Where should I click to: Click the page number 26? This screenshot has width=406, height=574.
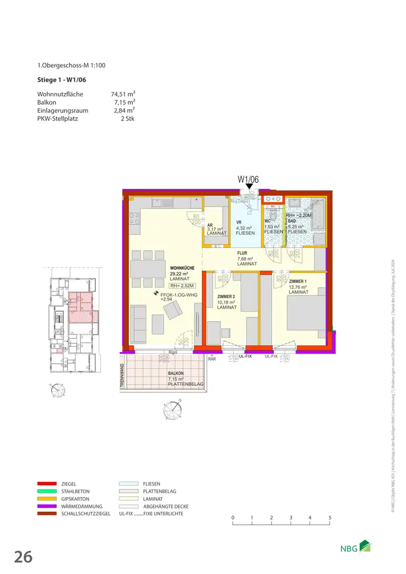click(x=23, y=557)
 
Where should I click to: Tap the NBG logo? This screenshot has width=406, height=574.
click(x=357, y=547)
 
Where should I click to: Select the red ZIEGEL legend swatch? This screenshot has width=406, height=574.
click(x=47, y=483)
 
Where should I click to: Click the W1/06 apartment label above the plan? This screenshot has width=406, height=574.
click(x=248, y=180)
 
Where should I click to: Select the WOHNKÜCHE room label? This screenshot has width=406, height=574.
click(x=182, y=269)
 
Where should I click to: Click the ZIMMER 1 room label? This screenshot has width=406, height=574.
click(x=298, y=281)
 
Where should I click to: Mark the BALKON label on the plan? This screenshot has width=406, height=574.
click(x=176, y=373)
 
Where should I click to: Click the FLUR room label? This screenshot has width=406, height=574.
click(x=242, y=253)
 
